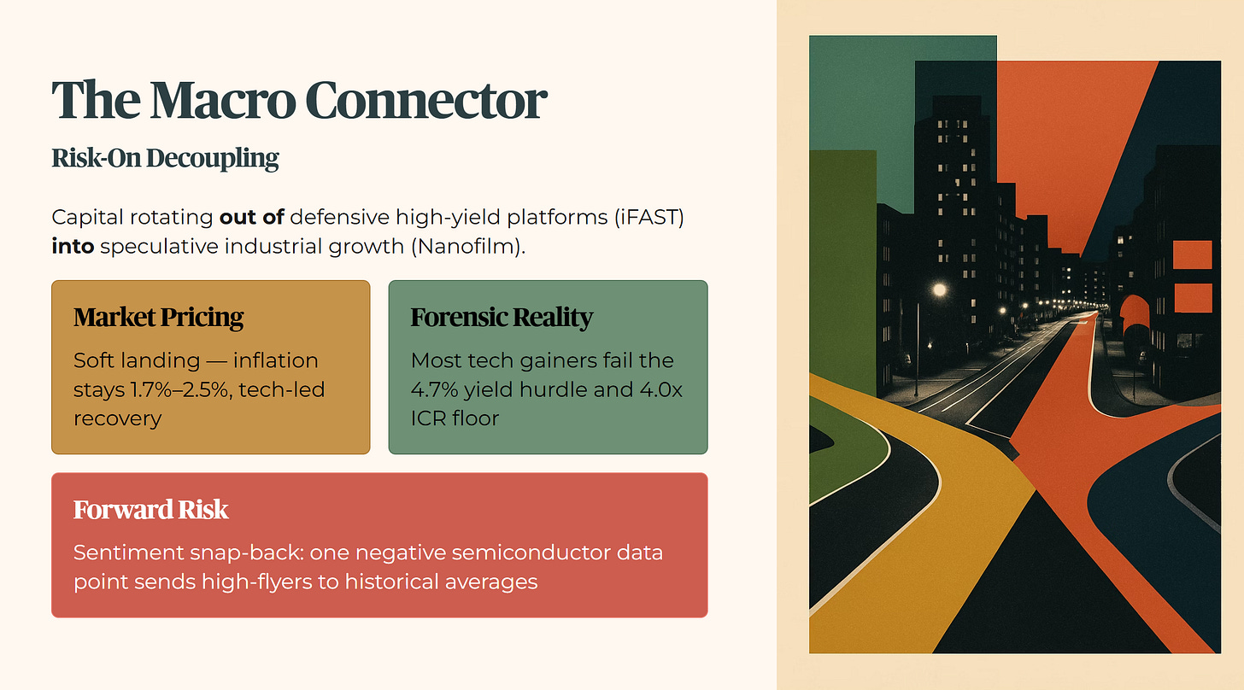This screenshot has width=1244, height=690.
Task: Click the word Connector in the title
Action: click(425, 101)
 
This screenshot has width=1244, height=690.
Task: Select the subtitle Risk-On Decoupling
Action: click(165, 159)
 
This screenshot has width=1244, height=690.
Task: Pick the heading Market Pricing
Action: click(158, 318)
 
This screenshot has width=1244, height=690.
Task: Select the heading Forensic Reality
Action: click(502, 318)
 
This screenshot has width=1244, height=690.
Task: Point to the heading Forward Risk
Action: click(150, 510)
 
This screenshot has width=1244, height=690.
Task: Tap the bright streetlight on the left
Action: click(939, 290)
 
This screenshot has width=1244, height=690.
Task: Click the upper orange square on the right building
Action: click(1193, 254)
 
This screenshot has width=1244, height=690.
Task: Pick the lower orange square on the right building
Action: click(1193, 297)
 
